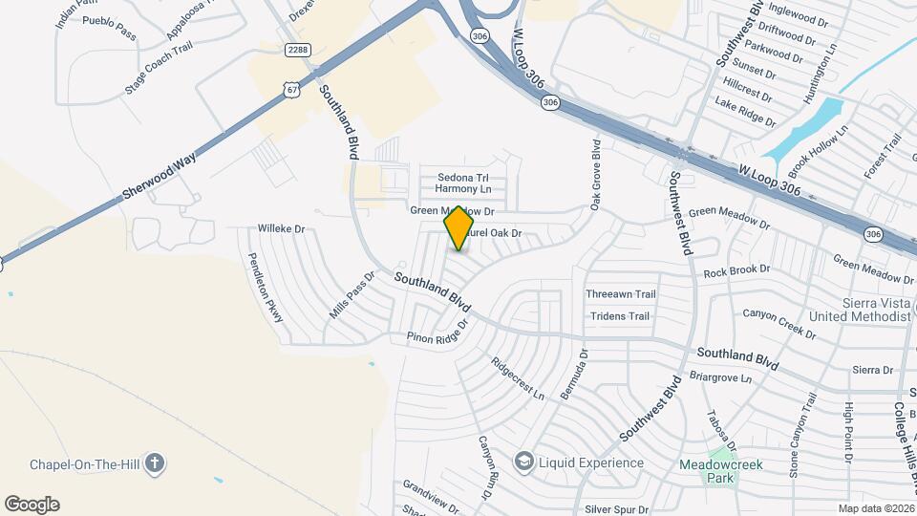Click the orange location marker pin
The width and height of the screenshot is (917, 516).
point(459,228)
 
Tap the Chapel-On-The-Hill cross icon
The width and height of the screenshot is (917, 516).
point(155,463)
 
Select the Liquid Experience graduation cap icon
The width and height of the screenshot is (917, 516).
point(522,462)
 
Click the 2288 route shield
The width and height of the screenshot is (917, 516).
point(297,48)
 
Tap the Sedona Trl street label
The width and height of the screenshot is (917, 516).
point(462,177)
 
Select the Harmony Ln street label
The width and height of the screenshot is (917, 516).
point(462,189)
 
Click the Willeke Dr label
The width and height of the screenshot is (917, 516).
point(281,229)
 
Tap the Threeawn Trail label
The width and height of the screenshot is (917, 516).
point(621,294)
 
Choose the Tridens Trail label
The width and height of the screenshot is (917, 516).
point(620,316)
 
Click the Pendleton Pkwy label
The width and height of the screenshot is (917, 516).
point(267,287)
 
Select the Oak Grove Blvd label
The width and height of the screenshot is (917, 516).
point(596,175)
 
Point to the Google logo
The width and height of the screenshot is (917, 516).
point(32,505)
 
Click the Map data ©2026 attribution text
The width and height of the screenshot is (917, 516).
point(876,508)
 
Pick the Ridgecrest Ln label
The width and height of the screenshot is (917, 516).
point(517,378)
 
